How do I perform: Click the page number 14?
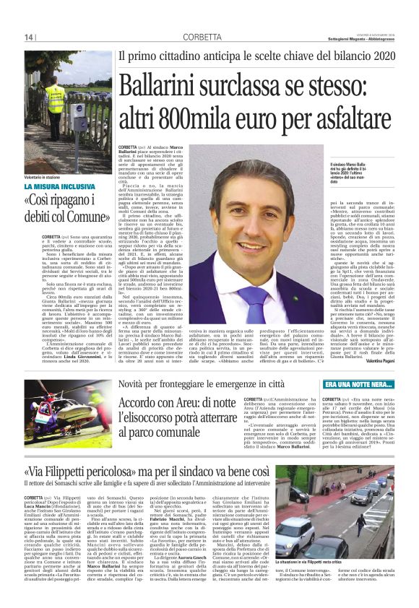tap(30, 38)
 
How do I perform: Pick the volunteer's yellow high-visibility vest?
tap(55, 100)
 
